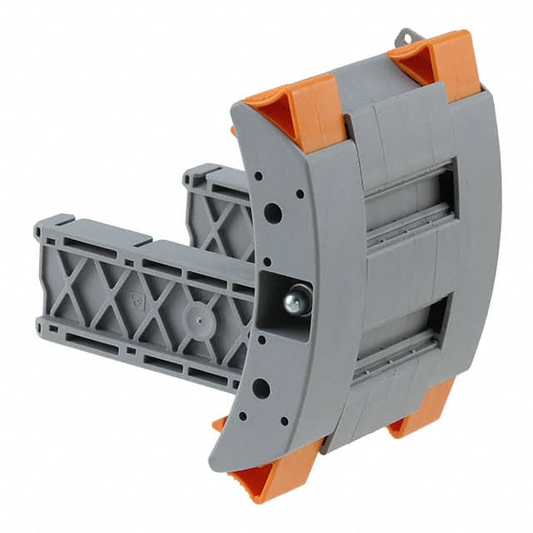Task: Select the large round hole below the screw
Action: (261, 387)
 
